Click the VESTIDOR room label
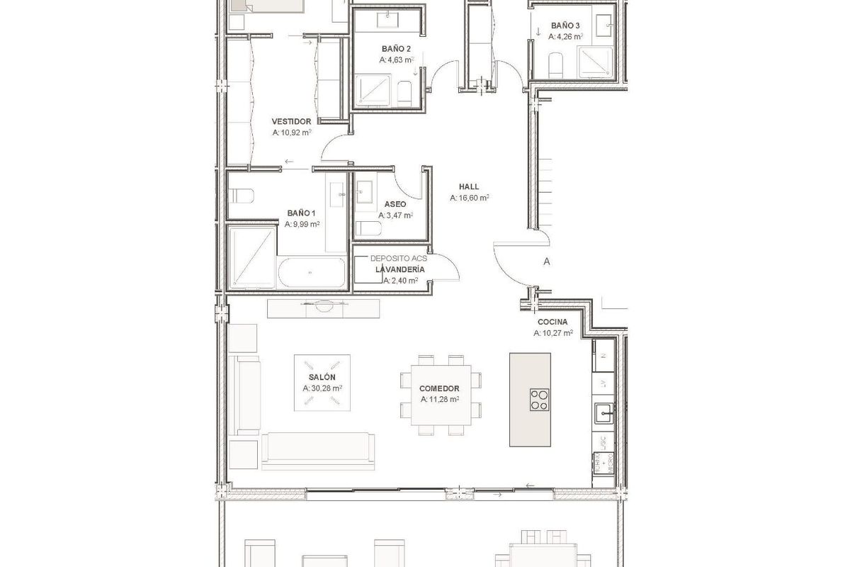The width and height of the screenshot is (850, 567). [x=291, y=121]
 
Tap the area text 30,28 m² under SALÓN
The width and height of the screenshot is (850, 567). [x=322, y=388]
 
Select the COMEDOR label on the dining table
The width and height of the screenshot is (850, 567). [x=439, y=388]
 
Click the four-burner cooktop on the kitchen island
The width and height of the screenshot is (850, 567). [x=539, y=399]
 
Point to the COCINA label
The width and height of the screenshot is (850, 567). [x=552, y=321]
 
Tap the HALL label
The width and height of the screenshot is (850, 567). [x=469, y=187]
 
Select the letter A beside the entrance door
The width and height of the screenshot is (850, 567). [x=546, y=261]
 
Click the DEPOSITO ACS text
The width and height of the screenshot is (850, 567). [x=399, y=259]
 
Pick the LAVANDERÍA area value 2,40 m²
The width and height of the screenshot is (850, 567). [x=399, y=280]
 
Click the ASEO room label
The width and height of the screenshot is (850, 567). [x=395, y=204]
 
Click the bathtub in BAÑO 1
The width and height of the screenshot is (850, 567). [x=311, y=272]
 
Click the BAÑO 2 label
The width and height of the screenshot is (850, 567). [x=396, y=49]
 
